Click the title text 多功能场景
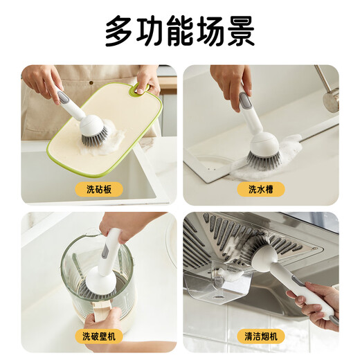[180, 32]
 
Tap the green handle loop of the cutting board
[143, 89]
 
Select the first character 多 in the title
[119, 32]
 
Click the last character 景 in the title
[240, 32]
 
